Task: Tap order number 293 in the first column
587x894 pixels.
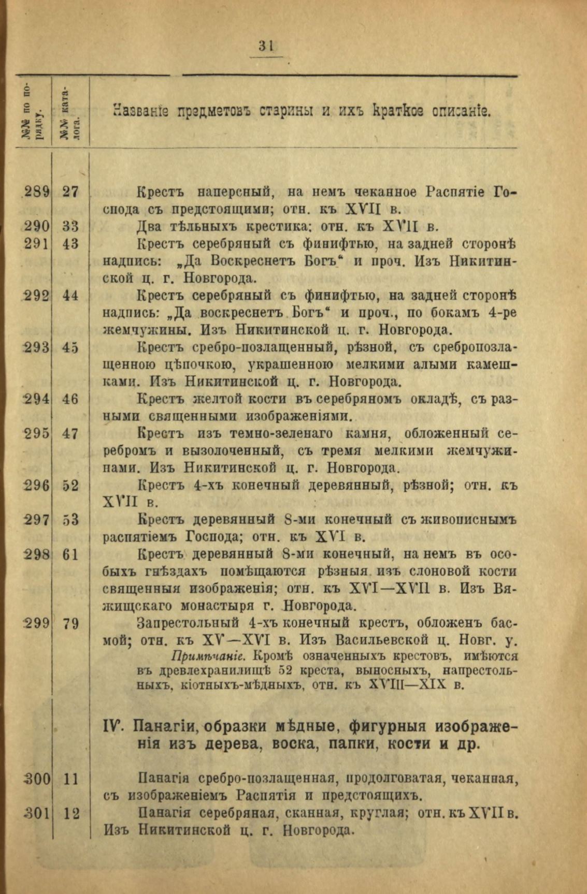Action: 37,348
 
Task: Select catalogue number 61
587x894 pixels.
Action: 70,554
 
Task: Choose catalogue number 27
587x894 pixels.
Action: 70,192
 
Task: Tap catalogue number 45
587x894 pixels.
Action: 70,348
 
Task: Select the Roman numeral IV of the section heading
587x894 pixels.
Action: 114,726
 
